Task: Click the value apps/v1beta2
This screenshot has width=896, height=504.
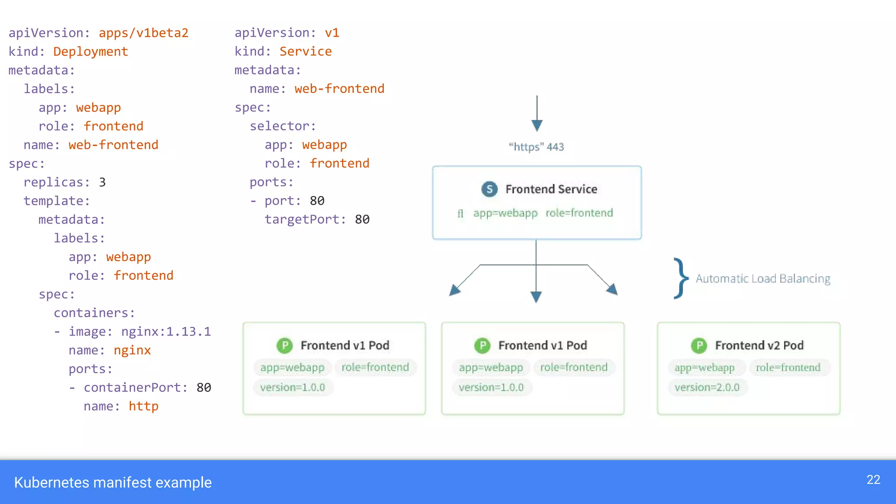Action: click(143, 33)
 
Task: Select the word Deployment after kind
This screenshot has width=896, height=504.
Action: click(91, 52)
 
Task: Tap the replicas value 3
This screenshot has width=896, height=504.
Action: click(102, 182)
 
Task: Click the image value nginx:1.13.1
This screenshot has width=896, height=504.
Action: click(166, 332)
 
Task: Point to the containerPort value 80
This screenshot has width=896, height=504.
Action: click(204, 388)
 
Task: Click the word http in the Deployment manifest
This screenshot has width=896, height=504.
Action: click(143, 406)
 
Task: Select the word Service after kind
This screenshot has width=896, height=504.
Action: click(305, 52)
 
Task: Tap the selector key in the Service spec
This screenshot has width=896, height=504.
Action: click(283, 126)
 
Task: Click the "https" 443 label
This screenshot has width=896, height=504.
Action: click(536, 147)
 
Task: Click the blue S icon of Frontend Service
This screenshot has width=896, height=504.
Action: click(490, 189)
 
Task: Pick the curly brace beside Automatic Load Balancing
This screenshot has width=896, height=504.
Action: click(680, 278)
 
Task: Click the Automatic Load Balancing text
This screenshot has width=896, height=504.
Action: click(763, 279)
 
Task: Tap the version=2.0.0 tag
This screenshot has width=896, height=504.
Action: click(707, 388)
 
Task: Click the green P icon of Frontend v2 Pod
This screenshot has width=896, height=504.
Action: click(699, 346)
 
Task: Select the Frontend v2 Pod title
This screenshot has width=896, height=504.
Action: click(759, 346)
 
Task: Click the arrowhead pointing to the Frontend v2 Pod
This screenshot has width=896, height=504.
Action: click(612, 289)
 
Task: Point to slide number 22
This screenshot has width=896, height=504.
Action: click(873, 480)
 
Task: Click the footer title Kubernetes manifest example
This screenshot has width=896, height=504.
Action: click(113, 483)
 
